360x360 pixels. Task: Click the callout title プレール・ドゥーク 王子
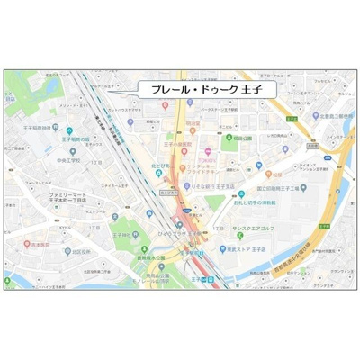pyautogui.click(x=189, y=90)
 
